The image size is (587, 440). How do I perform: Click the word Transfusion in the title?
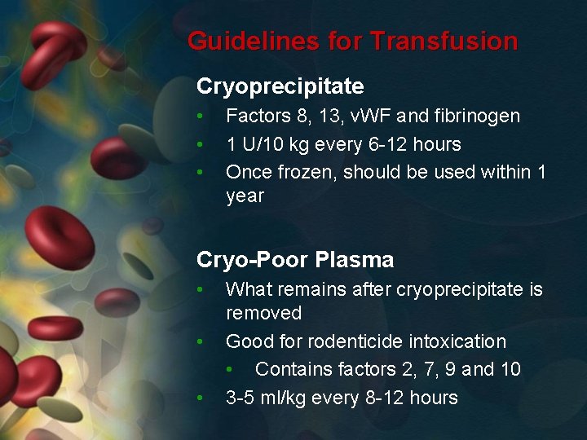click(444, 42)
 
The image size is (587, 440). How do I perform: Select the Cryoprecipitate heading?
click(280, 86)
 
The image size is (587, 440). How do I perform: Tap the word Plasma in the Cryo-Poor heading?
click(355, 260)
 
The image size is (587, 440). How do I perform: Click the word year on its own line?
click(245, 196)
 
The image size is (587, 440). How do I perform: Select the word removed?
click(263, 313)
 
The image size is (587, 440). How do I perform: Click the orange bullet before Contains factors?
click(231, 370)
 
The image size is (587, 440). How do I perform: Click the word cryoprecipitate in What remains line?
click(445, 289)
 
